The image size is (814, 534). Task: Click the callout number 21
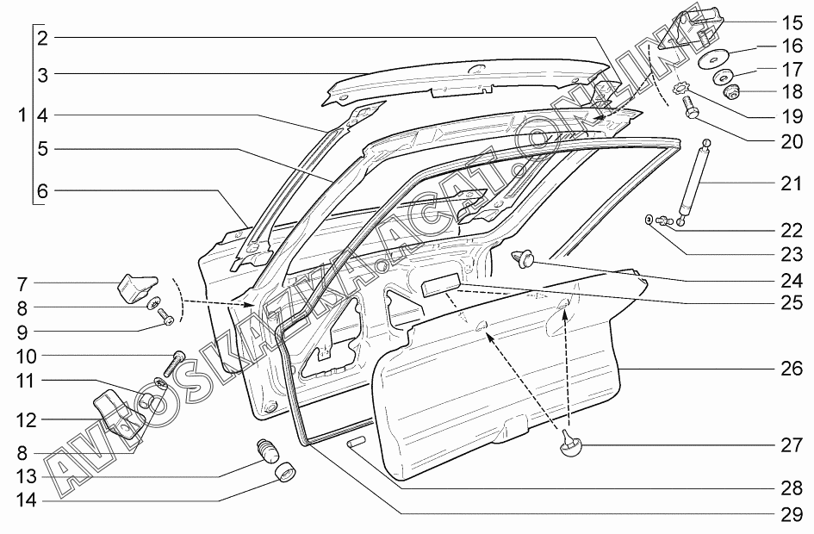[x=792, y=184]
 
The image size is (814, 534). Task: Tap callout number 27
[x=792, y=446]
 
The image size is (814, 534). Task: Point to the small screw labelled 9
[x=166, y=320]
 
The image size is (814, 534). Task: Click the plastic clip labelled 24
[x=523, y=257]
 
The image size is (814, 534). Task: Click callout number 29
[x=792, y=513]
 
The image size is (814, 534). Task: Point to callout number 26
[x=792, y=369]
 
